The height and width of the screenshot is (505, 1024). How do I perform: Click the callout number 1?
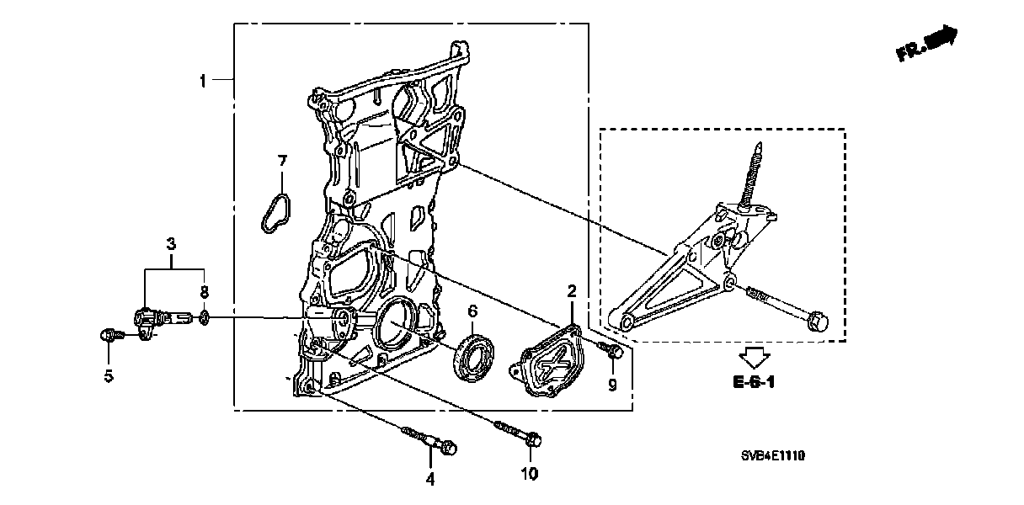click(203, 81)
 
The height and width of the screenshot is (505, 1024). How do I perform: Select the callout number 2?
click(571, 291)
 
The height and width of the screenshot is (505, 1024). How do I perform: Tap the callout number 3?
click(171, 244)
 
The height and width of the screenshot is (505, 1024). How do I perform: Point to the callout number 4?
click(429, 479)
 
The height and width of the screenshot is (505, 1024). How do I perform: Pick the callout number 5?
click(109, 376)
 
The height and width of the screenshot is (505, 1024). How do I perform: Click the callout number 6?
click(472, 310)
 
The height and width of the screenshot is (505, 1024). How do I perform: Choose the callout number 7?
click(283, 160)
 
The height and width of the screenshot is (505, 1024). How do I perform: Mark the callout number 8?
click(203, 291)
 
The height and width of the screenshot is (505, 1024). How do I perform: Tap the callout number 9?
click(612, 384)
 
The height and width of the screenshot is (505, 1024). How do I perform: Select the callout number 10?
click(528, 474)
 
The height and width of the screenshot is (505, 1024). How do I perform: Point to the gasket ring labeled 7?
click(273, 211)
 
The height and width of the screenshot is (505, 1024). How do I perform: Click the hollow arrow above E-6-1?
click(752, 357)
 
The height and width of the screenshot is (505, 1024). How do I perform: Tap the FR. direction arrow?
click(927, 44)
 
